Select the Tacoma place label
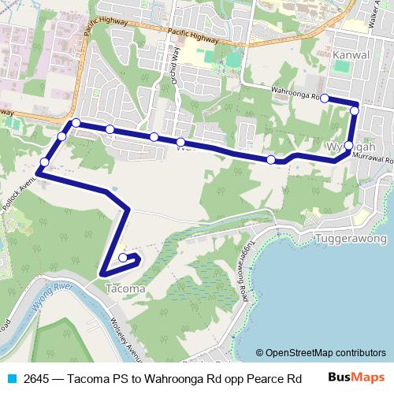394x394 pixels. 124,288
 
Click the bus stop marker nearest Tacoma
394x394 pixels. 124,258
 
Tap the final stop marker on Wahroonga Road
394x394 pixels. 324,98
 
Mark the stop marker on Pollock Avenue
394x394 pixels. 44,162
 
